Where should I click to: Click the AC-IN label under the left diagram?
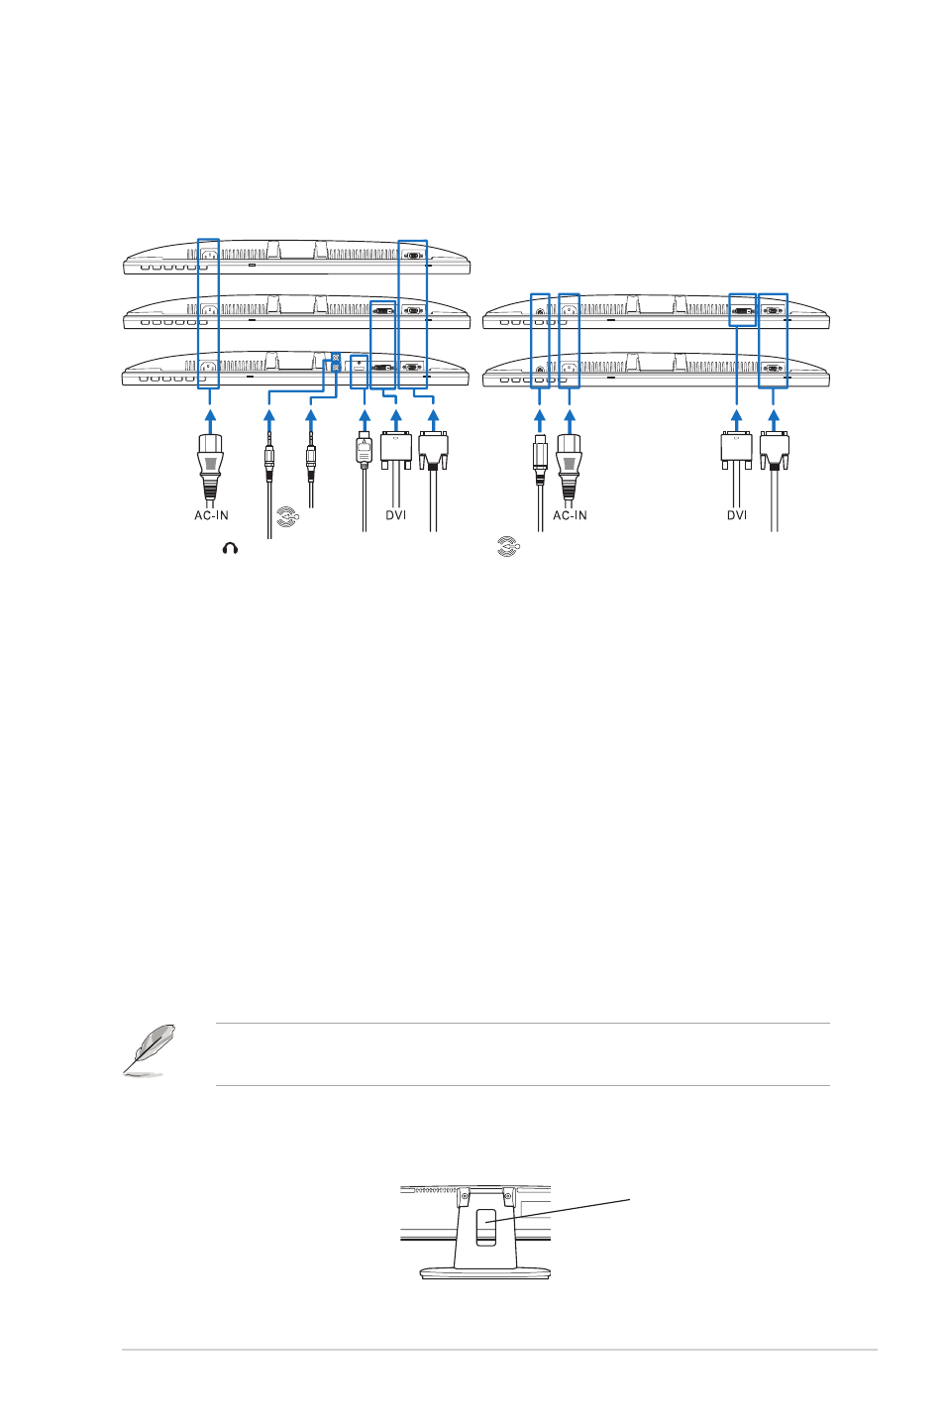pos(211,515)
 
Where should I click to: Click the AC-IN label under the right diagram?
pos(570,515)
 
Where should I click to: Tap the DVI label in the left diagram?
pos(395,515)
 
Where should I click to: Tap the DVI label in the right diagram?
pos(737,515)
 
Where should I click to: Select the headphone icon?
pos(230,549)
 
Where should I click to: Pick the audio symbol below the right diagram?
pos(508,547)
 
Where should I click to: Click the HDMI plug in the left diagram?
pos(364,449)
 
